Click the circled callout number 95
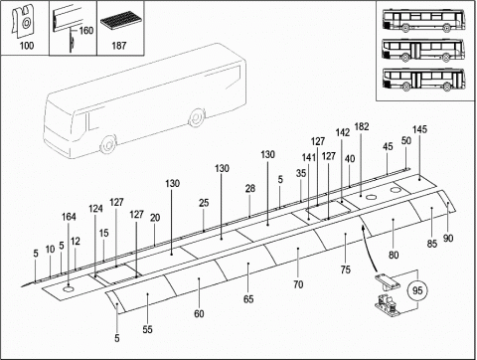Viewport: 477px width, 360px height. [417, 290]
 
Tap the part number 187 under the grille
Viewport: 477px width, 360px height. [119, 45]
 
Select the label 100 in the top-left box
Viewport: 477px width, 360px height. [27, 45]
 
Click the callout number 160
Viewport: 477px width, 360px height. [86, 31]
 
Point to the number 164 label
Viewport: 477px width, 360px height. [69, 217]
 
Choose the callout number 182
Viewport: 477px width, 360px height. [362, 126]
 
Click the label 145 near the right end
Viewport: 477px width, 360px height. [419, 129]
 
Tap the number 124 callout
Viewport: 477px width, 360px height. [95, 209]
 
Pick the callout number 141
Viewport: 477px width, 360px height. [309, 157]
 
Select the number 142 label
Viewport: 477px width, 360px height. [343, 132]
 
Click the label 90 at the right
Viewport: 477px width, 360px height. [448, 238]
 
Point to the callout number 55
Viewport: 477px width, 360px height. [148, 329]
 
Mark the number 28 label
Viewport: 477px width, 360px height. [250, 188]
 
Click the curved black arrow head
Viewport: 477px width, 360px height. [363, 228]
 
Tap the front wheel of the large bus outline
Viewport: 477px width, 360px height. [108, 144]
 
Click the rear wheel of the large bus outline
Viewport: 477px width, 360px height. [197, 117]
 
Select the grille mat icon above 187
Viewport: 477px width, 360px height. [119, 20]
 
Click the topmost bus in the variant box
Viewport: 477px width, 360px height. [423, 21]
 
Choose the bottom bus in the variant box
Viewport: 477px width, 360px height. [423, 80]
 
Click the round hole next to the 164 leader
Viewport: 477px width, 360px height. [69, 290]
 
